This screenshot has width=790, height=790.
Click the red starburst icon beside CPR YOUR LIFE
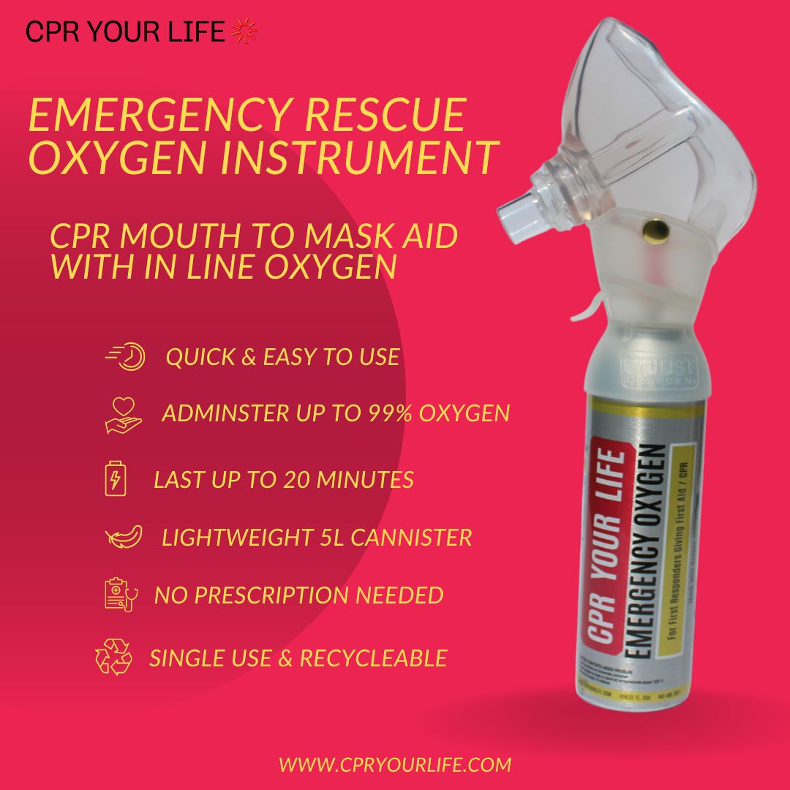pyautogui.click(x=244, y=31)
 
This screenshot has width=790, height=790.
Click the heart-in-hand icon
pyautogui.click(x=120, y=415)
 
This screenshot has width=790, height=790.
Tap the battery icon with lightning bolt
pyautogui.click(x=116, y=480)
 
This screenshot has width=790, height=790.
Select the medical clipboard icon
pyautogui.click(x=119, y=594)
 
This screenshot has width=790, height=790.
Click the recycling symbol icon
pyautogui.click(x=113, y=657)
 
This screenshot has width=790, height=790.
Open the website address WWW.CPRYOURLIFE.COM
pyautogui.click(x=395, y=765)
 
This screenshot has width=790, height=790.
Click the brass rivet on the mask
pyautogui.click(x=647, y=233)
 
